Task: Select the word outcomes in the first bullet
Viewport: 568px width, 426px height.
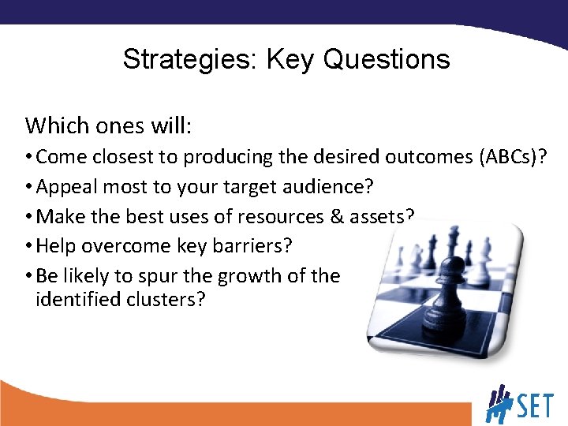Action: pos(429,157)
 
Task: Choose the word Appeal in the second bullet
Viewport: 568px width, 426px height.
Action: pos(64,187)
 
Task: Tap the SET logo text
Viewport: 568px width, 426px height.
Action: pos(537,407)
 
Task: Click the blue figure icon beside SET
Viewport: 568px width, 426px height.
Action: pos(500,403)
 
